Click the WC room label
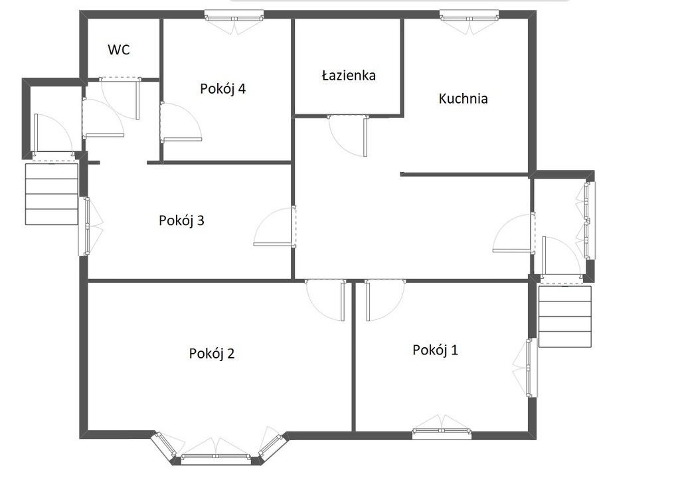pos(118,50)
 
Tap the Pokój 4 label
pos(223,89)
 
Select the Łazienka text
pos(349,76)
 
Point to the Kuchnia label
pos(463,99)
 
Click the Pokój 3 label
pos(181,220)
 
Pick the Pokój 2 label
pos(212,354)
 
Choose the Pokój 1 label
pos(435,350)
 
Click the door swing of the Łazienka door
pos(348,135)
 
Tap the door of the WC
pos(120,98)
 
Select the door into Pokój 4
pos(181,121)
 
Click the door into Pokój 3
pos(275,227)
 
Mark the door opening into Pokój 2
pos(325,301)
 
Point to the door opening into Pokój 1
pos(386,301)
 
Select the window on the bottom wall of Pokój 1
pos(442,430)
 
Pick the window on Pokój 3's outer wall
pos(87,226)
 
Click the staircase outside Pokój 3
pos(52,194)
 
